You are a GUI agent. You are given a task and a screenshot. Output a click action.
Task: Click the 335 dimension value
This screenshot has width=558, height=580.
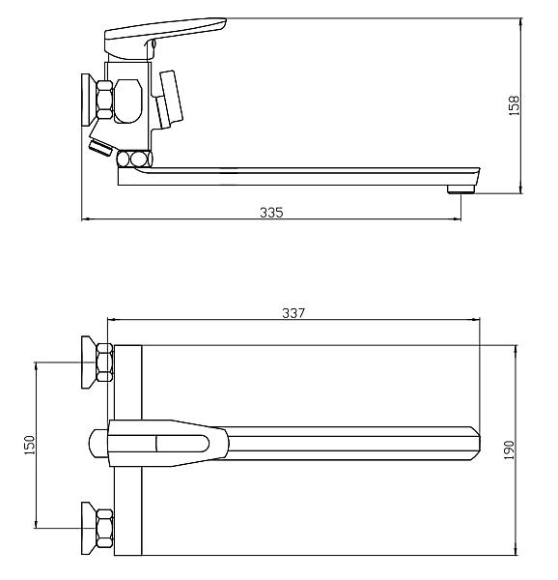[271, 213]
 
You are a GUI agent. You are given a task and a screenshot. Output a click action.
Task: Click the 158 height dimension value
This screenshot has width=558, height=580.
[514, 105]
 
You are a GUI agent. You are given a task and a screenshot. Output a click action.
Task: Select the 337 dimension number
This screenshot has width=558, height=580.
[293, 313]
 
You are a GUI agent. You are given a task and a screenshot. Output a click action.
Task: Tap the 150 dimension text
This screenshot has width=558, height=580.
[29, 445]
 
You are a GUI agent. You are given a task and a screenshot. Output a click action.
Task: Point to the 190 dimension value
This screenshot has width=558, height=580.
[509, 449]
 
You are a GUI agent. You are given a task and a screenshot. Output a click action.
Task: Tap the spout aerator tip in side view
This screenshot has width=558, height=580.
[460, 189]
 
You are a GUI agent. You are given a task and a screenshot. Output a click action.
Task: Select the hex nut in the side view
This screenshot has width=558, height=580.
[104, 100]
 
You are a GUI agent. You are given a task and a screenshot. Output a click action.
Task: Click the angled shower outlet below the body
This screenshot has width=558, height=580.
[100, 147]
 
